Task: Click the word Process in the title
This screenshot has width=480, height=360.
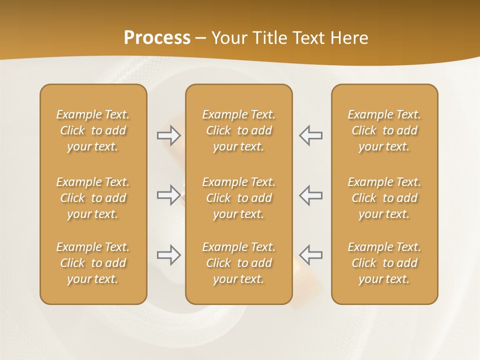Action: pyautogui.click(x=157, y=38)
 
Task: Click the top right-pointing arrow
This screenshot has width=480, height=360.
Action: pyautogui.click(x=169, y=135)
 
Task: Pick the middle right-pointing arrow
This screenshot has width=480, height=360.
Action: pyautogui.click(x=169, y=195)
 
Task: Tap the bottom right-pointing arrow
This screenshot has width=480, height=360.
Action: pyautogui.click(x=169, y=255)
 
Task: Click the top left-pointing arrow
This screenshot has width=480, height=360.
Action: pyautogui.click(x=311, y=135)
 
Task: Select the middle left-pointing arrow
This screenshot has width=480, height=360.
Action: pyautogui.click(x=311, y=195)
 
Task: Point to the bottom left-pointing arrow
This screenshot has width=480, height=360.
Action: pyautogui.click(x=311, y=255)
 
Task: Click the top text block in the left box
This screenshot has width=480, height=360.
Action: pyautogui.click(x=93, y=130)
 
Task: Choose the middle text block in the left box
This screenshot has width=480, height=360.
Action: pyautogui.click(x=93, y=198)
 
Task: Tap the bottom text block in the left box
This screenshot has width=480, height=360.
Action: pyautogui.click(x=93, y=263)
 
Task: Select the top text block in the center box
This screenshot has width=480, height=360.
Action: pyautogui.click(x=238, y=130)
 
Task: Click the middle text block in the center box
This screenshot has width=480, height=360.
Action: pyautogui.click(x=238, y=198)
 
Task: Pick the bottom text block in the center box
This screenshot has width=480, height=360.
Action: pyautogui.click(x=238, y=263)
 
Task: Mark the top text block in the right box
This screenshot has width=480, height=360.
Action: pyautogui.click(x=384, y=130)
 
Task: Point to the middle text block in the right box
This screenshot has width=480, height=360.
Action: pyautogui.click(x=384, y=198)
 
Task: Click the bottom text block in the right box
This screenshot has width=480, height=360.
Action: pyautogui.click(x=384, y=263)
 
